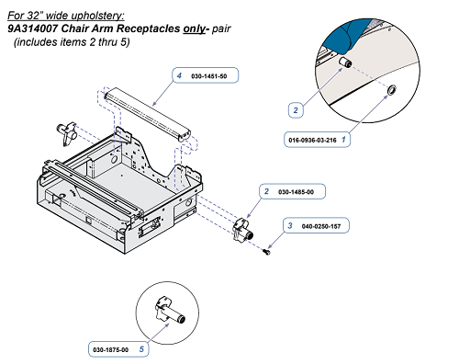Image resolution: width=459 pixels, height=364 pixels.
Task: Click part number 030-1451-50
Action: (x=209, y=76)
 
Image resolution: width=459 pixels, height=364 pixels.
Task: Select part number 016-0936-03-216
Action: (x=312, y=140)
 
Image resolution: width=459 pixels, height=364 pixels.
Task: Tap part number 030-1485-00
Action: (x=296, y=192)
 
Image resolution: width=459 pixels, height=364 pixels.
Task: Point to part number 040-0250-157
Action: (x=321, y=226)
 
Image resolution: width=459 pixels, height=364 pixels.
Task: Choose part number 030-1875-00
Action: (x=111, y=349)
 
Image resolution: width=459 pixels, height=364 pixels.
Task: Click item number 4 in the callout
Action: (x=179, y=75)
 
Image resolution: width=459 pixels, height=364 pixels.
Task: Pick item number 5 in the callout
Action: (x=141, y=349)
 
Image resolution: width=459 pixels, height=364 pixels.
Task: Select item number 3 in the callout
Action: (x=290, y=226)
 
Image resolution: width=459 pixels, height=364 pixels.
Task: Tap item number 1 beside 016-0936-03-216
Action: (x=343, y=140)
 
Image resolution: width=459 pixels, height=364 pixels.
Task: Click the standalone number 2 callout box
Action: (x=296, y=110)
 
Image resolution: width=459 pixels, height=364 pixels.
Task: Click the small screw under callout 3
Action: (x=266, y=252)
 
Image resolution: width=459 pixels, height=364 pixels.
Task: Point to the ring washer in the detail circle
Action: (x=392, y=90)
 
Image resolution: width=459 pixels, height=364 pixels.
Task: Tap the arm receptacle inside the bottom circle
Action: (x=170, y=310)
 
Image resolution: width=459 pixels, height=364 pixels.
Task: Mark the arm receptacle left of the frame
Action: (x=67, y=133)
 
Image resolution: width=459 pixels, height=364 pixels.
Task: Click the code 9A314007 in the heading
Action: (x=33, y=28)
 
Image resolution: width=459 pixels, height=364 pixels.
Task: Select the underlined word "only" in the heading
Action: (x=194, y=28)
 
